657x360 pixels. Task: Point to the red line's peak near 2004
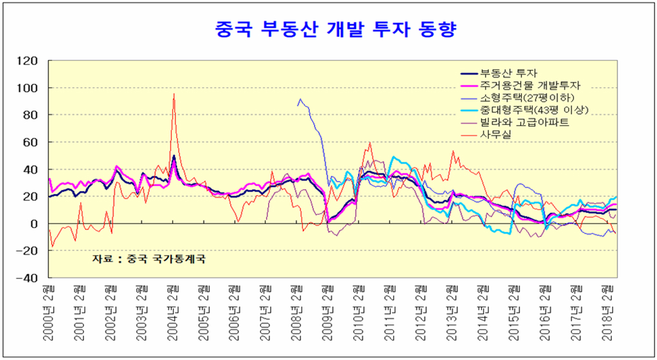174,94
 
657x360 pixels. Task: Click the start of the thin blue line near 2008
297,105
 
